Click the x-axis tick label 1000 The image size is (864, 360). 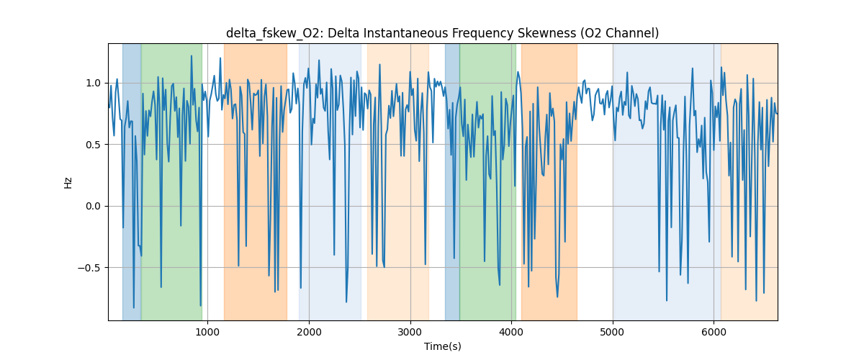[x=207, y=332]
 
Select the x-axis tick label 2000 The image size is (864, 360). [x=309, y=332]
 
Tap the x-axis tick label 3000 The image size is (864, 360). [x=410, y=332]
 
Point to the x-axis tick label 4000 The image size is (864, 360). [x=511, y=332]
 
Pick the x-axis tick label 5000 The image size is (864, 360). [x=613, y=332]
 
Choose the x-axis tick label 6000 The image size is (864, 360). [x=714, y=332]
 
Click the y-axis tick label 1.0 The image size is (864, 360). [x=93, y=83]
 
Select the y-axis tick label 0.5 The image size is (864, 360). [x=93, y=145]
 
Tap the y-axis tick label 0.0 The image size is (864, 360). [x=93, y=206]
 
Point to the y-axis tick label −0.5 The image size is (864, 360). [x=90, y=268]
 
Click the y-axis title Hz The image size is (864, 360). [x=68, y=182]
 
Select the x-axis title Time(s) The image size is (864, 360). [x=443, y=346]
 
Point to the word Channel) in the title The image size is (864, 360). [x=635, y=33]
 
